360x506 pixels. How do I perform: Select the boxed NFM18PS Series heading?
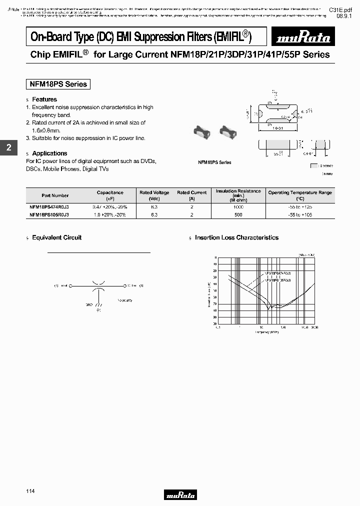click(58, 84)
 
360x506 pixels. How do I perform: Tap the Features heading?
click(44, 99)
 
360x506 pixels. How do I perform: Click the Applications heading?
click(49, 153)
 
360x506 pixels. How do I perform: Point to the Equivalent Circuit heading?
click(56, 237)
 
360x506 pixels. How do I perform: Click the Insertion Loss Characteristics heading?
click(236, 237)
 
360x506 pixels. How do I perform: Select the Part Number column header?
click(55, 195)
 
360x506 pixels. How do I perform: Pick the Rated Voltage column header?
click(154, 192)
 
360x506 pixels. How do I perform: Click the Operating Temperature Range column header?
click(299, 192)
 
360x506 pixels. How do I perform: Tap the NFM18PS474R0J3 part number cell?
click(49, 206)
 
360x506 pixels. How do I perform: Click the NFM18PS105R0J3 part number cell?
click(49, 214)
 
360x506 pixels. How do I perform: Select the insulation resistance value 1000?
click(238, 206)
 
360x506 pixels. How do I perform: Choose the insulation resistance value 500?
click(238, 214)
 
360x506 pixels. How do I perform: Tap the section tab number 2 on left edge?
click(8, 148)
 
